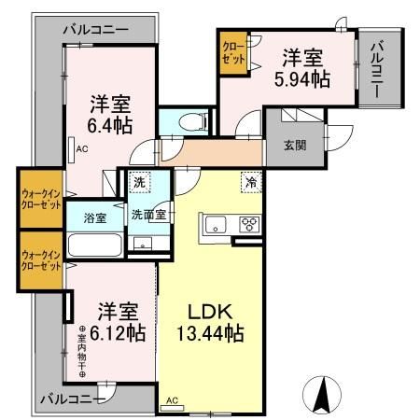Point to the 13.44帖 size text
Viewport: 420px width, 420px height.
click(210, 331)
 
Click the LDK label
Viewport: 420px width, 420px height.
click(211, 310)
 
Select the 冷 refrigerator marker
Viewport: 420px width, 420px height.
click(251, 183)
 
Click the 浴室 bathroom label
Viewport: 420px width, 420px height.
click(94, 217)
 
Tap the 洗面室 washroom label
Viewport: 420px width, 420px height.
click(147, 214)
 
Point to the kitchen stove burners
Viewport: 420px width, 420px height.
click(249, 224)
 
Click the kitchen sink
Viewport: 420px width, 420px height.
click(213, 224)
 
